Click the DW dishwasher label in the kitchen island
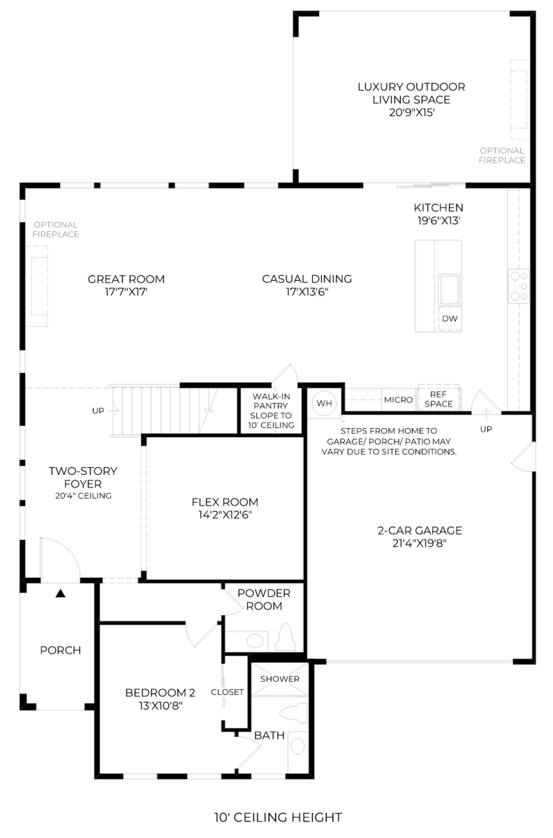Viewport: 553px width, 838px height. click(449, 318)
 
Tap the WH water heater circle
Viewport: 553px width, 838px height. click(324, 403)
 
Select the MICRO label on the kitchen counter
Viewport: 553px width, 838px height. click(398, 400)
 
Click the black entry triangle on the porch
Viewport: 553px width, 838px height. click(60, 593)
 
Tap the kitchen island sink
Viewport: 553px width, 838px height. click(449, 290)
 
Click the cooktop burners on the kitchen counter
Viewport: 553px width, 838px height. click(519, 286)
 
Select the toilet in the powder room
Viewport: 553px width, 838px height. click(286, 637)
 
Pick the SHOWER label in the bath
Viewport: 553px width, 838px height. click(280, 679)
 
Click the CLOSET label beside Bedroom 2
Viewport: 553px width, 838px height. click(227, 692)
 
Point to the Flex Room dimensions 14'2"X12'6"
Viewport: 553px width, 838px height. click(225, 515)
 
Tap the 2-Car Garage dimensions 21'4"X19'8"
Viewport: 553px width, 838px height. click(419, 543)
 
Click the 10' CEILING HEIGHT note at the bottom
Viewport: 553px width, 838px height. click(278, 817)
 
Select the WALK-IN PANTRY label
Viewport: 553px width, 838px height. click(271, 401)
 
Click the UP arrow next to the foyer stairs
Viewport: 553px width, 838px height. click(113, 411)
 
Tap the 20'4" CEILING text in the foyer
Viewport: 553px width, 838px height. click(83, 496)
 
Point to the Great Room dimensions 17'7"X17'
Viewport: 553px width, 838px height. click(126, 292)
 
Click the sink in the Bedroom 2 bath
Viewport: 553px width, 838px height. click(298, 746)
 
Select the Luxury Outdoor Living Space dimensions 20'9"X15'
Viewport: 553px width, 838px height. click(412, 112)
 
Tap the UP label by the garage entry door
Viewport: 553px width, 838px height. click(486, 429)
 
